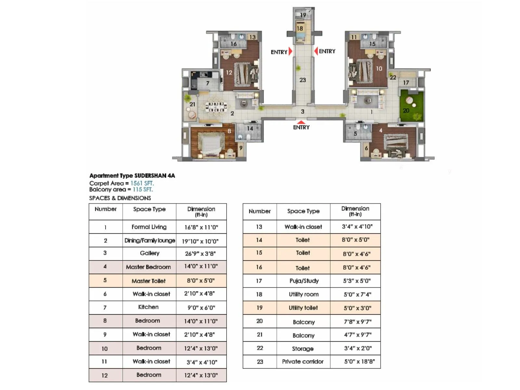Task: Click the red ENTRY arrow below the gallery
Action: tap(301, 122)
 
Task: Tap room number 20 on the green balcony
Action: tap(406, 110)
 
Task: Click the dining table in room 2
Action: tap(216, 107)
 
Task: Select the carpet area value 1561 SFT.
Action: tap(142, 183)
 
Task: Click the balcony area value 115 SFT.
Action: tap(143, 189)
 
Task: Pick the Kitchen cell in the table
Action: tap(149, 307)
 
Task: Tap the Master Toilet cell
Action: tap(149, 281)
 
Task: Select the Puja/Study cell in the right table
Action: tap(304, 281)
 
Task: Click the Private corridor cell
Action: tap(303, 361)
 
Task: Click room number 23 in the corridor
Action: tap(303, 80)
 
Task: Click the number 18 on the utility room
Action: tap(300, 29)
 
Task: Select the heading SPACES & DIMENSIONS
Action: tap(120, 198)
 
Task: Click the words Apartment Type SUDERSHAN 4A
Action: tap(132, 176)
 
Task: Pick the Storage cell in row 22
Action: tap(303, 348)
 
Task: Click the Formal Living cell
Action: tap(149, 227)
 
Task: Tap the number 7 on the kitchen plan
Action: tap(208, 84)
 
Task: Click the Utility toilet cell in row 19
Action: tap(303, 308)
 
